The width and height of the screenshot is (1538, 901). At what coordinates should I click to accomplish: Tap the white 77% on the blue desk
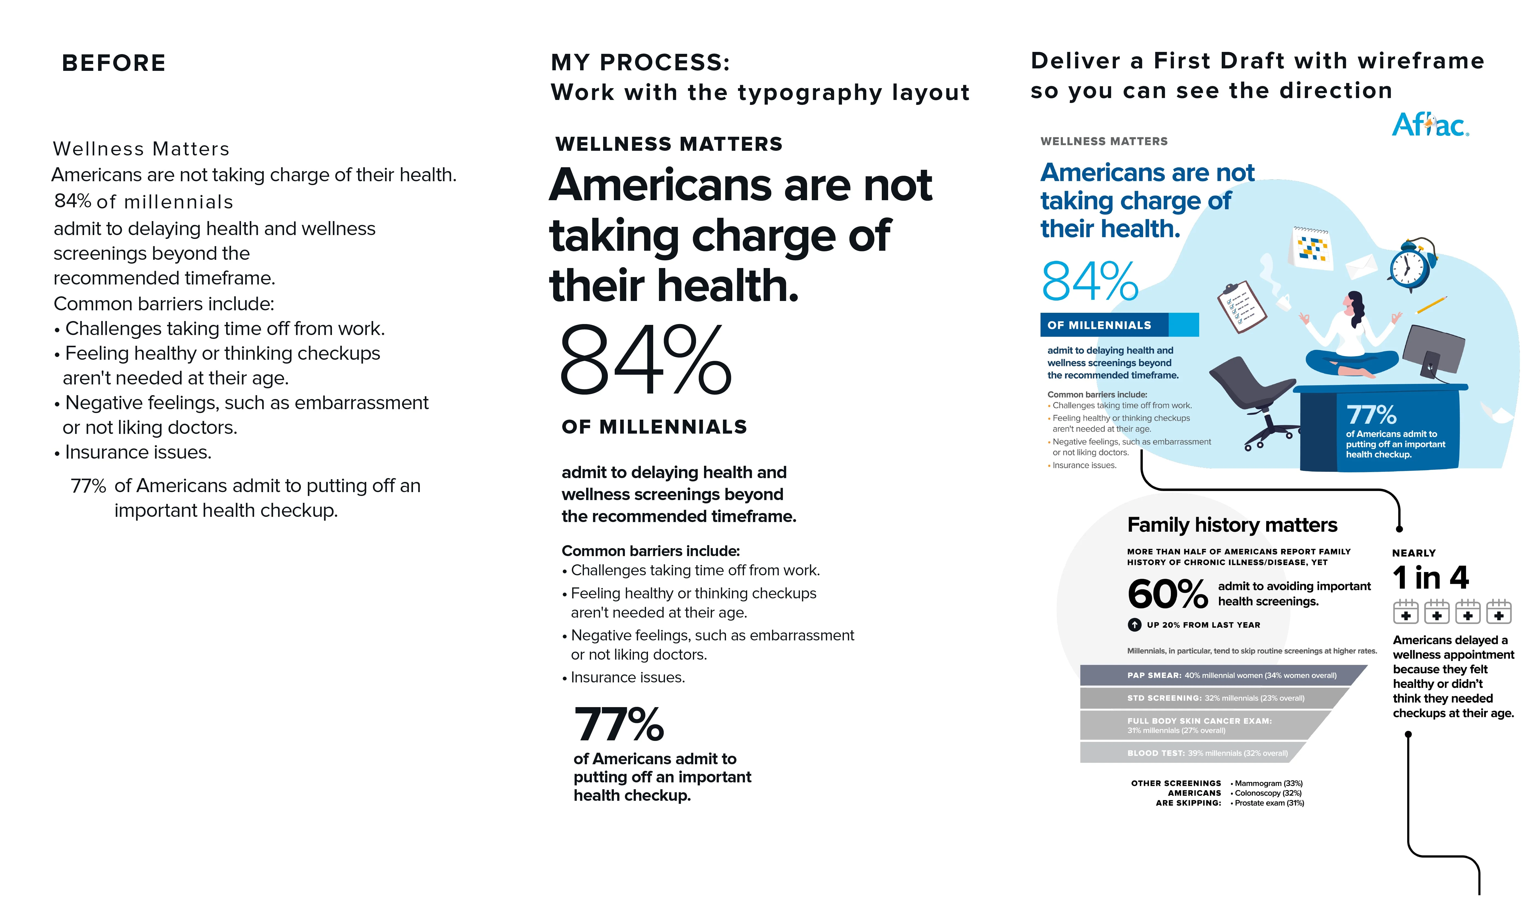pos(1371,415)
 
